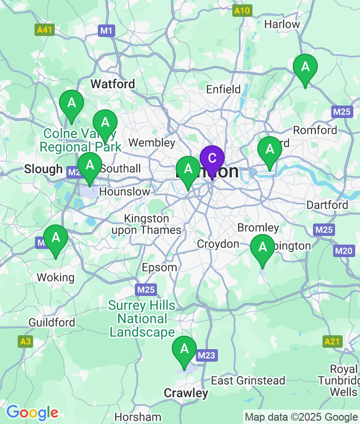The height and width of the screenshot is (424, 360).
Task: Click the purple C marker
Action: pos(212,159)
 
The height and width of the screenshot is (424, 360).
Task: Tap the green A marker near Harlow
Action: pos(305,68)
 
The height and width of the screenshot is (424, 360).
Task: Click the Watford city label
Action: pos(113,84)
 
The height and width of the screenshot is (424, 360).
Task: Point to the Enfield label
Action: pos(223,89)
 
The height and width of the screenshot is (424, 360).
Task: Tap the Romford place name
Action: pos(315,130)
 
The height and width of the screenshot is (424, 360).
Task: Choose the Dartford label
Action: pos(327,205)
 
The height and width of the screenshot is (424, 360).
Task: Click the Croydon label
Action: pos(218,244)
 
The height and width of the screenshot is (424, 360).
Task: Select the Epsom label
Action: pos(159,267)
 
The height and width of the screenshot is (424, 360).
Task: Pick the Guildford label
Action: pos(52,322)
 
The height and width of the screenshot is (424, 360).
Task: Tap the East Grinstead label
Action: pos(248,380)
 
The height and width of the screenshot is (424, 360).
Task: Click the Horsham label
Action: pos(138,416)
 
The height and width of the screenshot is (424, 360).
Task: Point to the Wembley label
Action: pos(152,142)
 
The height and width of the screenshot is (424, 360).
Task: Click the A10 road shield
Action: pos(242,11)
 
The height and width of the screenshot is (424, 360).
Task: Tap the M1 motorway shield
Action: pos(107,31)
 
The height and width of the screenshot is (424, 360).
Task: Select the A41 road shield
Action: pos(45,30)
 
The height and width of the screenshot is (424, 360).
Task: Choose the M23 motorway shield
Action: pos(206,355)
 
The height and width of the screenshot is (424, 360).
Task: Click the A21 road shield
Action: pos(332,342)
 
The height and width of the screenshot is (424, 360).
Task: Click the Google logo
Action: pos(32,412)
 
